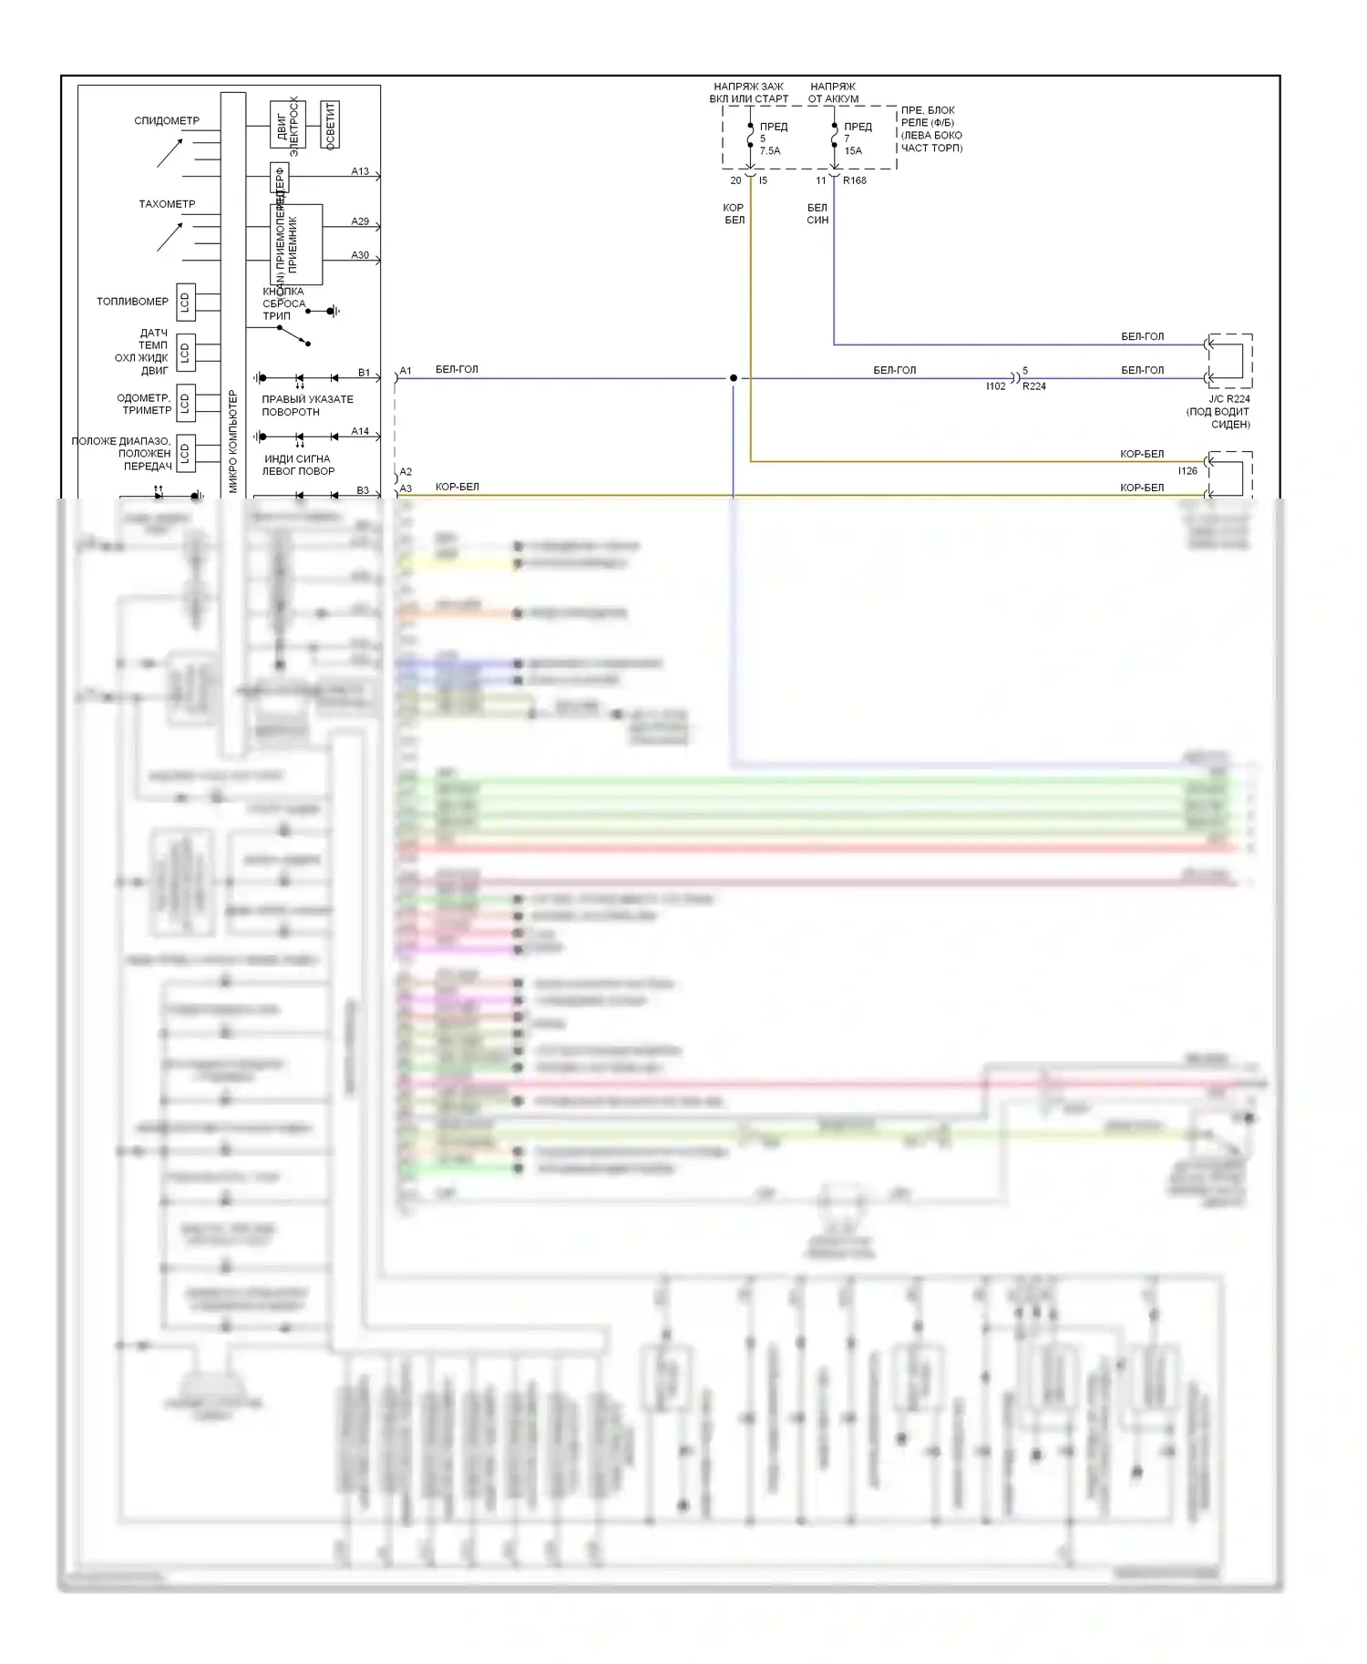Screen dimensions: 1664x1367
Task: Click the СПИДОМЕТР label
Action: (x=167, y=120)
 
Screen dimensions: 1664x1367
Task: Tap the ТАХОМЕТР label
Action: (x=167, y=204)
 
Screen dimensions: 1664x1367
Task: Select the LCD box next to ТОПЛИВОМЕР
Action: (x=185, y=302)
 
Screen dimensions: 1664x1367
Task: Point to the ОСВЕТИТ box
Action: (x=330, y=125)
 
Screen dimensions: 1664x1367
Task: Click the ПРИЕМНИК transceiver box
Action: (x=296, y=244)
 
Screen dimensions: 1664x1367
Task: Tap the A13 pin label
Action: (x=360, y=171)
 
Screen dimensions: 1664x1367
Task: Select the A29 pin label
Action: (x=360, y=221)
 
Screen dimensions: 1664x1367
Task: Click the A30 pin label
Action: (x=360, y=255)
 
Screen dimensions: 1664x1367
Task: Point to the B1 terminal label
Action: (x=364, y=373)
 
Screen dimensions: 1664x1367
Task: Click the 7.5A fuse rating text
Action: (x=770, y=151)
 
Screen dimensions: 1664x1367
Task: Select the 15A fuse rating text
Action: (x=853, y=151)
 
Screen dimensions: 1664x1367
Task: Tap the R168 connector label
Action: (x=855, y=180)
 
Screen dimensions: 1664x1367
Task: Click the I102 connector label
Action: (x=996, y=386)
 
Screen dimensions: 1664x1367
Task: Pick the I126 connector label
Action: (x=1187, y=471)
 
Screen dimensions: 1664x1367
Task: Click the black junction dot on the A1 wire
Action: (x=734, y=378)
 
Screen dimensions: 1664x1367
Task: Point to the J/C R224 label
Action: (x=1229, y=399)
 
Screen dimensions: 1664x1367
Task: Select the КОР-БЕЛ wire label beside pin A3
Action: (x=457, y=487)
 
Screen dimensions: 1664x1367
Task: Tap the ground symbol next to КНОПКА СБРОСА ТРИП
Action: (x=333, y=312)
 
